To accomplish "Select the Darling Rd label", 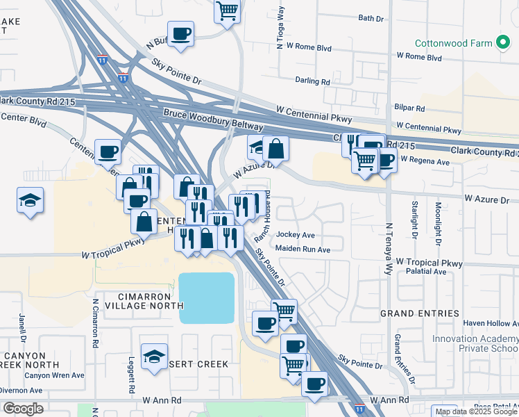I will (312, 81).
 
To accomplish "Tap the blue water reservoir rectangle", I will (207, 297).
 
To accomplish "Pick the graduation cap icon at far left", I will (31, 201).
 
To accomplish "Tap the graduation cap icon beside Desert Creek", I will (154, 357).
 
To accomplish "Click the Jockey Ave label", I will (296, 235).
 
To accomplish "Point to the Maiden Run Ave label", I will (303, 249).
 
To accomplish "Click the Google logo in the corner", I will (23, 408).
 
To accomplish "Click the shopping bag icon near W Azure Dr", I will (275, 147).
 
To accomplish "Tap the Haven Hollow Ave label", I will (490, 323).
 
